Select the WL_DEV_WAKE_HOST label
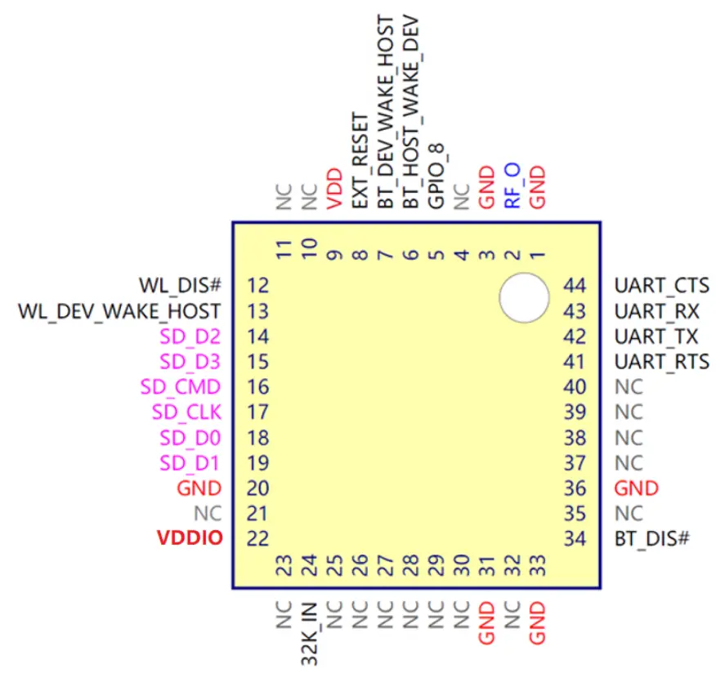tap(120, 311)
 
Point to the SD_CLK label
tap(186, 413)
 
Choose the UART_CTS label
tap(661, 286)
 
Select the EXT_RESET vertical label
tap(360, 160)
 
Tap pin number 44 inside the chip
tap(575, 286)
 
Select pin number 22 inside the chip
tap(257, 539)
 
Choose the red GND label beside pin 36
tap(636, 488)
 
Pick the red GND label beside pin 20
tap(199, 488)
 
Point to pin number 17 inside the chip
tap(257, 413)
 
